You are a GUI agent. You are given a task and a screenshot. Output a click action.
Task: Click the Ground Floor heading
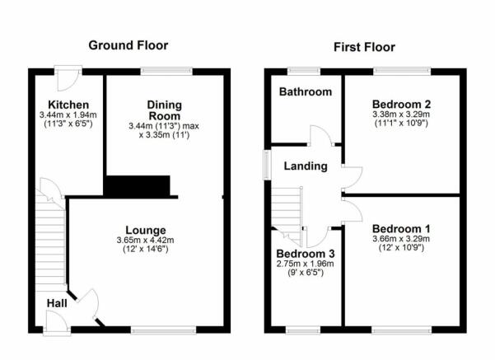coord(128,45)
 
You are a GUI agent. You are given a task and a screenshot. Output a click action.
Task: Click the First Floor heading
coord(364,48)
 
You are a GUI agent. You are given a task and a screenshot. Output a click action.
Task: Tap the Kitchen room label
coord(68,105)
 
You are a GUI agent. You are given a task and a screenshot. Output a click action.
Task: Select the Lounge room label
coord(146,230)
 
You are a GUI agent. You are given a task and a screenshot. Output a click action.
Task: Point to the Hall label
coord(57,303)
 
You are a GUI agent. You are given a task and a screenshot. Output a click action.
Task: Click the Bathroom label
coord(306,92)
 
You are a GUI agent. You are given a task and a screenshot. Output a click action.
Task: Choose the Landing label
coord(306,166)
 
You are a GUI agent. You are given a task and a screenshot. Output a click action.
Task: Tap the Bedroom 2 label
coord(401,104)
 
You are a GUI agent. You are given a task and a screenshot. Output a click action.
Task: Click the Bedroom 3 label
coord(306,254)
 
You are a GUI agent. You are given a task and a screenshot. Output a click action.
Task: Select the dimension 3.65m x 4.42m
coord(145,240)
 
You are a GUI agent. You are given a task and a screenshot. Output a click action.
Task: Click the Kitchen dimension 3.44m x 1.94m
coord(68,115)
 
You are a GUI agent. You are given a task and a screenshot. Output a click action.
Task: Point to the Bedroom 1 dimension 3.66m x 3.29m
coord(401,239)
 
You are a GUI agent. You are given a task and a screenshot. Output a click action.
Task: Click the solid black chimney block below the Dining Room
coord(137,185)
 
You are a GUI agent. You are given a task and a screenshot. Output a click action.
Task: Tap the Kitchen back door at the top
coord(68,77)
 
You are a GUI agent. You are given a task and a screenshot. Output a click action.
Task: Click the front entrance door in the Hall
coord(57,322)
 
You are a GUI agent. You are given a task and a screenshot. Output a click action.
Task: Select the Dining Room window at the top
coord(166,71)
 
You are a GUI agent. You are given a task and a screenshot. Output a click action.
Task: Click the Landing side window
coord(267,165)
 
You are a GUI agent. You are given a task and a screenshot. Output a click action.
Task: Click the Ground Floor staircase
coord(50,240)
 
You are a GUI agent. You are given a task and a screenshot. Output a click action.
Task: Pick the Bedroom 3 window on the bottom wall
coord(303,330)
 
